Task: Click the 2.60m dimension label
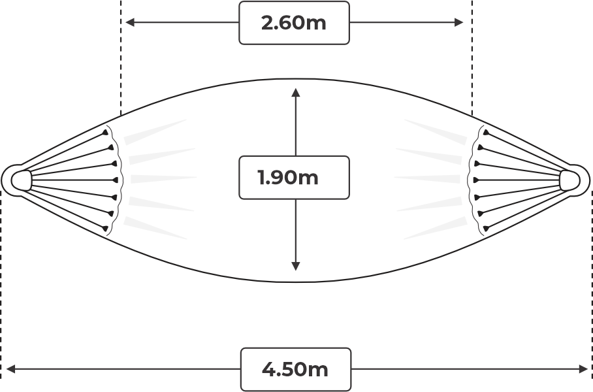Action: [293, 23]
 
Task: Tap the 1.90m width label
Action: [288, 178]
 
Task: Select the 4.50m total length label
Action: [295, 369]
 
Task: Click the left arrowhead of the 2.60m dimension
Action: [130, 22]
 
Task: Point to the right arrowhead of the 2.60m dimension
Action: [458, 22]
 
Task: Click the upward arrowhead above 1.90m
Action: [296, 93]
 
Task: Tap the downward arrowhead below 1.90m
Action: [296, 266]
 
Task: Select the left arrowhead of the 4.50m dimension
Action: [11, 368]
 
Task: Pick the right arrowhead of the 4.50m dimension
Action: [583, 368]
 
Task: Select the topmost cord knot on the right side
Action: [486, 133]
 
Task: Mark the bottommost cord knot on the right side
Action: [486, 228]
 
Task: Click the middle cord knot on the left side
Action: [115, 180]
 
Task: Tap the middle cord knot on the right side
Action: [477, 180]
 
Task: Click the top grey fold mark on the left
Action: [155, 132]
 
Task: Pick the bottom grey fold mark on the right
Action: [436, 228]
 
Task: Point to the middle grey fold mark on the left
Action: [163, 178]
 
